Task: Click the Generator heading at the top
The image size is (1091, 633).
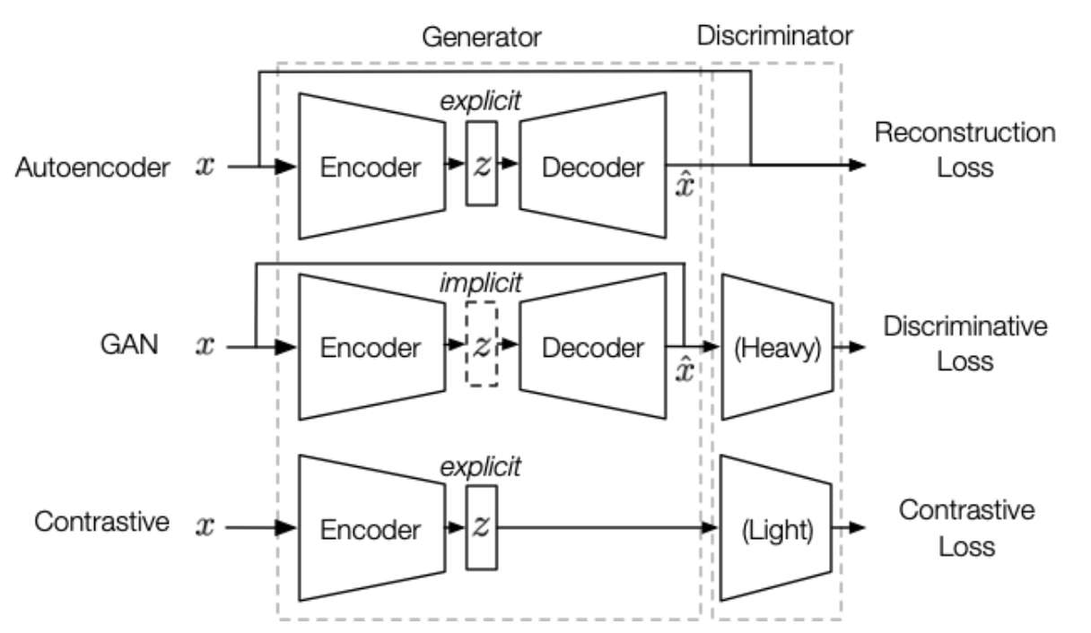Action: (482, 37)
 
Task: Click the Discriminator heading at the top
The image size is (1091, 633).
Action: (774, 37)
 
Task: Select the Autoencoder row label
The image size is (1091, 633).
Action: (92, 167)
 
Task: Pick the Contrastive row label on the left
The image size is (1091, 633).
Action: (101, 522)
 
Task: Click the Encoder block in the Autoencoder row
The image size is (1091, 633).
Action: (371, 167)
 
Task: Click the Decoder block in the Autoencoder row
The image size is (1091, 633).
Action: (592, 167)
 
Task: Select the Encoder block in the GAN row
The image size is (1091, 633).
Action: (371, 347)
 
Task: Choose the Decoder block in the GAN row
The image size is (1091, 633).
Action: (592, 347)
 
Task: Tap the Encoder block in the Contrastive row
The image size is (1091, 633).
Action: (371, 529)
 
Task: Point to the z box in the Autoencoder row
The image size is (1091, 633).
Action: (482, 164)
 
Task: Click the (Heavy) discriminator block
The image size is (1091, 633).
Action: (777, 347)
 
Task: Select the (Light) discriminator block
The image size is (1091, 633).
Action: (777, 529)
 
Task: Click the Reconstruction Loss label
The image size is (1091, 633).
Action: (964, 150)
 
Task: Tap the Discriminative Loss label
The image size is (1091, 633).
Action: (964, 343)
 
